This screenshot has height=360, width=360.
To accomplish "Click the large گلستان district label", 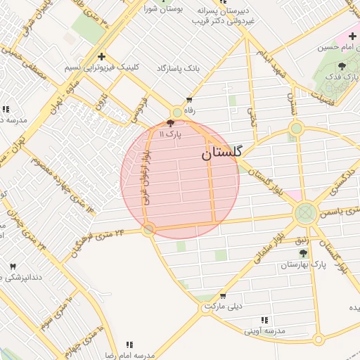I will click(222, 153).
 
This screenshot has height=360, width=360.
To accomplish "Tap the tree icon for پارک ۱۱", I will click(171, 122).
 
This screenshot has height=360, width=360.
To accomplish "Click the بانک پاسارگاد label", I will click(198, 68).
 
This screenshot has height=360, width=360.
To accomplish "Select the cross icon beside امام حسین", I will click(352, 36).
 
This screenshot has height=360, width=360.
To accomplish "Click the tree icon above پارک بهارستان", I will click(303, 252).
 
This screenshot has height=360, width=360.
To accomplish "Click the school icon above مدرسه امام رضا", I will click(129, 345).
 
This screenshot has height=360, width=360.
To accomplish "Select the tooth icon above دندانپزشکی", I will click(13, 266).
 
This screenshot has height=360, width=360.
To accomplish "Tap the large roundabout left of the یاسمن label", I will click(306, 212).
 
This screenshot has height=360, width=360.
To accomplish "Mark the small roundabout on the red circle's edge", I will click(148, 229).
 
